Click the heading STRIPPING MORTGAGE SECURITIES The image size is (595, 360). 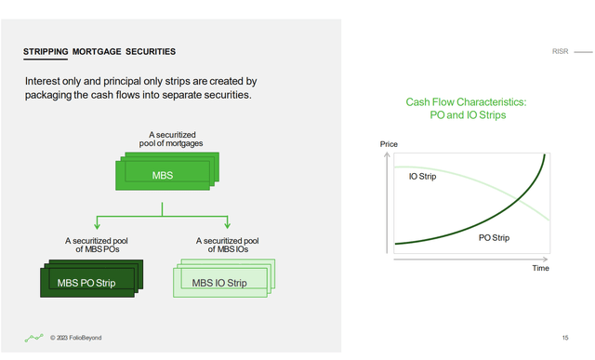click(99, 50)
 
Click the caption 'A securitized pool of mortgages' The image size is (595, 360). click(164, 139)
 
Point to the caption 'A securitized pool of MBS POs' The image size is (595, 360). click(97, 245)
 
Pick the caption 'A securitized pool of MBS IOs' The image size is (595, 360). click(228, 245)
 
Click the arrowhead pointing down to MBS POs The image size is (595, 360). click(97, 226)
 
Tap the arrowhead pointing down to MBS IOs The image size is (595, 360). click(228, 226)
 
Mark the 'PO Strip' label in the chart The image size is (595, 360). click(497, 238)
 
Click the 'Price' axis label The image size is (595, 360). click(389, 144)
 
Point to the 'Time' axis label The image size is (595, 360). click(540, 268)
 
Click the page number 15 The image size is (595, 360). click(565, 337)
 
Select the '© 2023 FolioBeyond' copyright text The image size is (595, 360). click(76, 338)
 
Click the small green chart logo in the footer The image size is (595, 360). click(33, 337)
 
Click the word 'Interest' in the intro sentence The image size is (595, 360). click(45, 82)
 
